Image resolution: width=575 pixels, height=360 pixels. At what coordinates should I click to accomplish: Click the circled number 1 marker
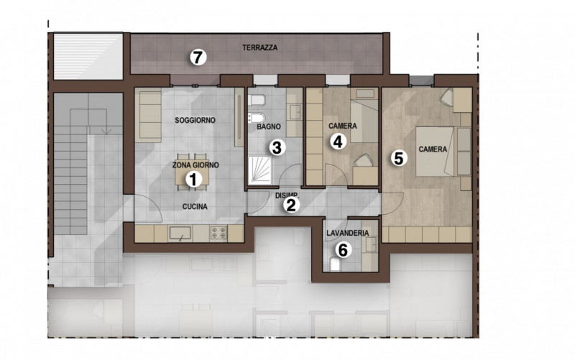coord(193,180)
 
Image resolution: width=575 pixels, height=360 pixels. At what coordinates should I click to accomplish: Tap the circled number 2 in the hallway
coord(291,205)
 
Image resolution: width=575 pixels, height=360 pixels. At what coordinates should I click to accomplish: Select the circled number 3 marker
coord(277,148)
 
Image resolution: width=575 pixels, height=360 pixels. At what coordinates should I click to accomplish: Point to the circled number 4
coord(339,141)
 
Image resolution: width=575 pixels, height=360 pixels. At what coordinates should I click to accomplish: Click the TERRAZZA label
coord(259,48)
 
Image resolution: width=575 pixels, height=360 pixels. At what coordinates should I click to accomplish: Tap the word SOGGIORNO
coord(195,119)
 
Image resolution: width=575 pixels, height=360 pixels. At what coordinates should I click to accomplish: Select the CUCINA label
coord(194,207)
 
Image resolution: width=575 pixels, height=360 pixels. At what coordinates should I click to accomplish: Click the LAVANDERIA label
coord(347,234)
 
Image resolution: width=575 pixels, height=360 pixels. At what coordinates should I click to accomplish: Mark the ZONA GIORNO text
coord(195,165)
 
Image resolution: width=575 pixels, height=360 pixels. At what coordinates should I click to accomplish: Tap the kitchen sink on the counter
coord(180,233)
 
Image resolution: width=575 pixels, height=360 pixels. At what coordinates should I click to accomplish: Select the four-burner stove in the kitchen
coord(218,233)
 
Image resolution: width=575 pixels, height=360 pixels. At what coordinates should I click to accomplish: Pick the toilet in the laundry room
coord(334,265)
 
